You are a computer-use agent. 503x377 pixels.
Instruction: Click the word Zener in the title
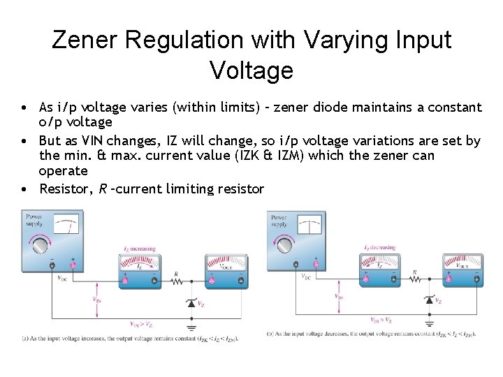pyautogui.click(x=82, y=40)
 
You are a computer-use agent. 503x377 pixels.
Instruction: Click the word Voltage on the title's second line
pyautogui.click(x=251, y=70)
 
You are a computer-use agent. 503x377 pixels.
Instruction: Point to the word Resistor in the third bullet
pyautogui.click(x=63, y=188)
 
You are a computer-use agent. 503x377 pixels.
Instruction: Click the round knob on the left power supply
pyautogui.click(x=38, y=245)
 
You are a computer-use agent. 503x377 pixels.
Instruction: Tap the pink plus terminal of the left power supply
pyautogui.click(x=73, y=265)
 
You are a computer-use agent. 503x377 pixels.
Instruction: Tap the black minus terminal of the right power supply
pyautogui.click(x=296, y=264)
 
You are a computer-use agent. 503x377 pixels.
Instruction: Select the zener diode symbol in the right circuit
pyautogui.click(x=429, y=300)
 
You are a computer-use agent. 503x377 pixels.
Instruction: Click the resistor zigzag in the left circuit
pyautogui.click(x=177, y=281)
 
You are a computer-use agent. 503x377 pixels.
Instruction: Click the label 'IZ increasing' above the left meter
pyautogui.click(x=140, y=248)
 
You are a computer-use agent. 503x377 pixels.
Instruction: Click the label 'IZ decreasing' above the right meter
pyautogui.click(x=380, y=247)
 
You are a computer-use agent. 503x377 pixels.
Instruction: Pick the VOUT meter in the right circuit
pyautogui.click(x=463, y=269)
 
